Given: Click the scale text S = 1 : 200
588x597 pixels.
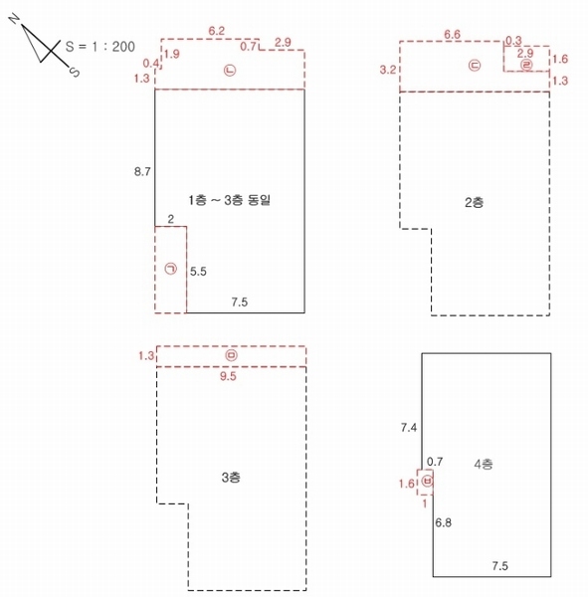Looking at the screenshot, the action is click(x=100, y=47).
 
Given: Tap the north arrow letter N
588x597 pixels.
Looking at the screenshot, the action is click(x=15, y=18).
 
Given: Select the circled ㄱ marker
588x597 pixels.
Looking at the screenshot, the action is click(x=170, y=269).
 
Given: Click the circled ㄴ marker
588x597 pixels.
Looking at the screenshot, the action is click(x=230, y=70).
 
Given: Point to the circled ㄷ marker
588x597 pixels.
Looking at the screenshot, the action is click(x=475, y=66).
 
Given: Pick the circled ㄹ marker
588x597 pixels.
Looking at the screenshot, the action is click(x=526, y=65).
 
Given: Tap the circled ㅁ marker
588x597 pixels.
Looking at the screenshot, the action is click(x=231, y=355).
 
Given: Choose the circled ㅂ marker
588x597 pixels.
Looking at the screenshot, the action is click(x=428, y=482).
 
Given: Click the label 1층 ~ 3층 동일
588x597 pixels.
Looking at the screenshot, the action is click(x=230, y=200).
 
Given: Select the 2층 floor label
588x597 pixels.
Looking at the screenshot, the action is click(x=475, y=202).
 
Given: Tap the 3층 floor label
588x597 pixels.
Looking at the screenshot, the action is click(x=231, y=477).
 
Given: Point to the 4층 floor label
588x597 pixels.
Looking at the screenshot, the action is click(x=484, y=464).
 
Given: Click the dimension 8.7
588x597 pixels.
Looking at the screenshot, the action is click(x=142, y=172).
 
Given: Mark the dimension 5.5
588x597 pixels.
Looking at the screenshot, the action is click(x=198, y=272).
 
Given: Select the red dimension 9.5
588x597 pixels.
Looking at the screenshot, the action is click(x=228, y=376).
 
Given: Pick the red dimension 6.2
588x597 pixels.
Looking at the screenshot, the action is click(x=216, y=31).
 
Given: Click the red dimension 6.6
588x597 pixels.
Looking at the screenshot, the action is click(x=452, y=35).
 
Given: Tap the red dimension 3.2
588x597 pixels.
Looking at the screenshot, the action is click(x=388, y=70).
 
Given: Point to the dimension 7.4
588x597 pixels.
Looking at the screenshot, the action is click(x=409, y=428).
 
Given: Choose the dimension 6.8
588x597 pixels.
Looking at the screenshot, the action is click(x=444, y=522).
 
